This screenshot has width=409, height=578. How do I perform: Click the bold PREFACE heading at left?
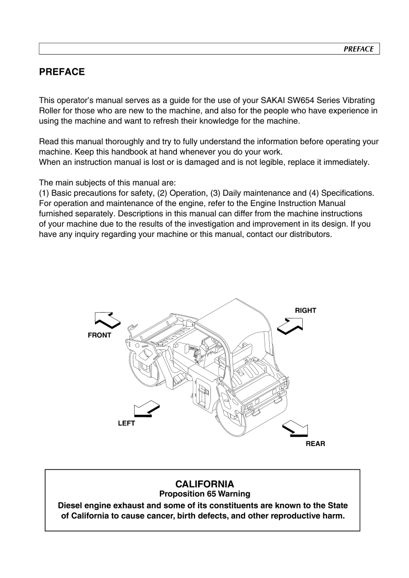tap(62, 72)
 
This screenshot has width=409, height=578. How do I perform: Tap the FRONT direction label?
tap(100, 335)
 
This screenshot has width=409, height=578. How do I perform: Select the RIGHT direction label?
tap(305, 311)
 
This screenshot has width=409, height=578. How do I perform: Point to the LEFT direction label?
tap(126, 423)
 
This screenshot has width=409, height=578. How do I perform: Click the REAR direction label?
tap(315, 444)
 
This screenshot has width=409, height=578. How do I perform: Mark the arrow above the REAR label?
tap(296, 428)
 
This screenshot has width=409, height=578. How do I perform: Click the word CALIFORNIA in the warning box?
tap(204, 484)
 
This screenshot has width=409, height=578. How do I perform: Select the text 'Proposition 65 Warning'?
tap(204, 494)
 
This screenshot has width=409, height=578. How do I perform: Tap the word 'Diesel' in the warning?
tap(73, 505)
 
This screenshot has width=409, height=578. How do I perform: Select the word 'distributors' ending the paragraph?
tap(308, 234)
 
